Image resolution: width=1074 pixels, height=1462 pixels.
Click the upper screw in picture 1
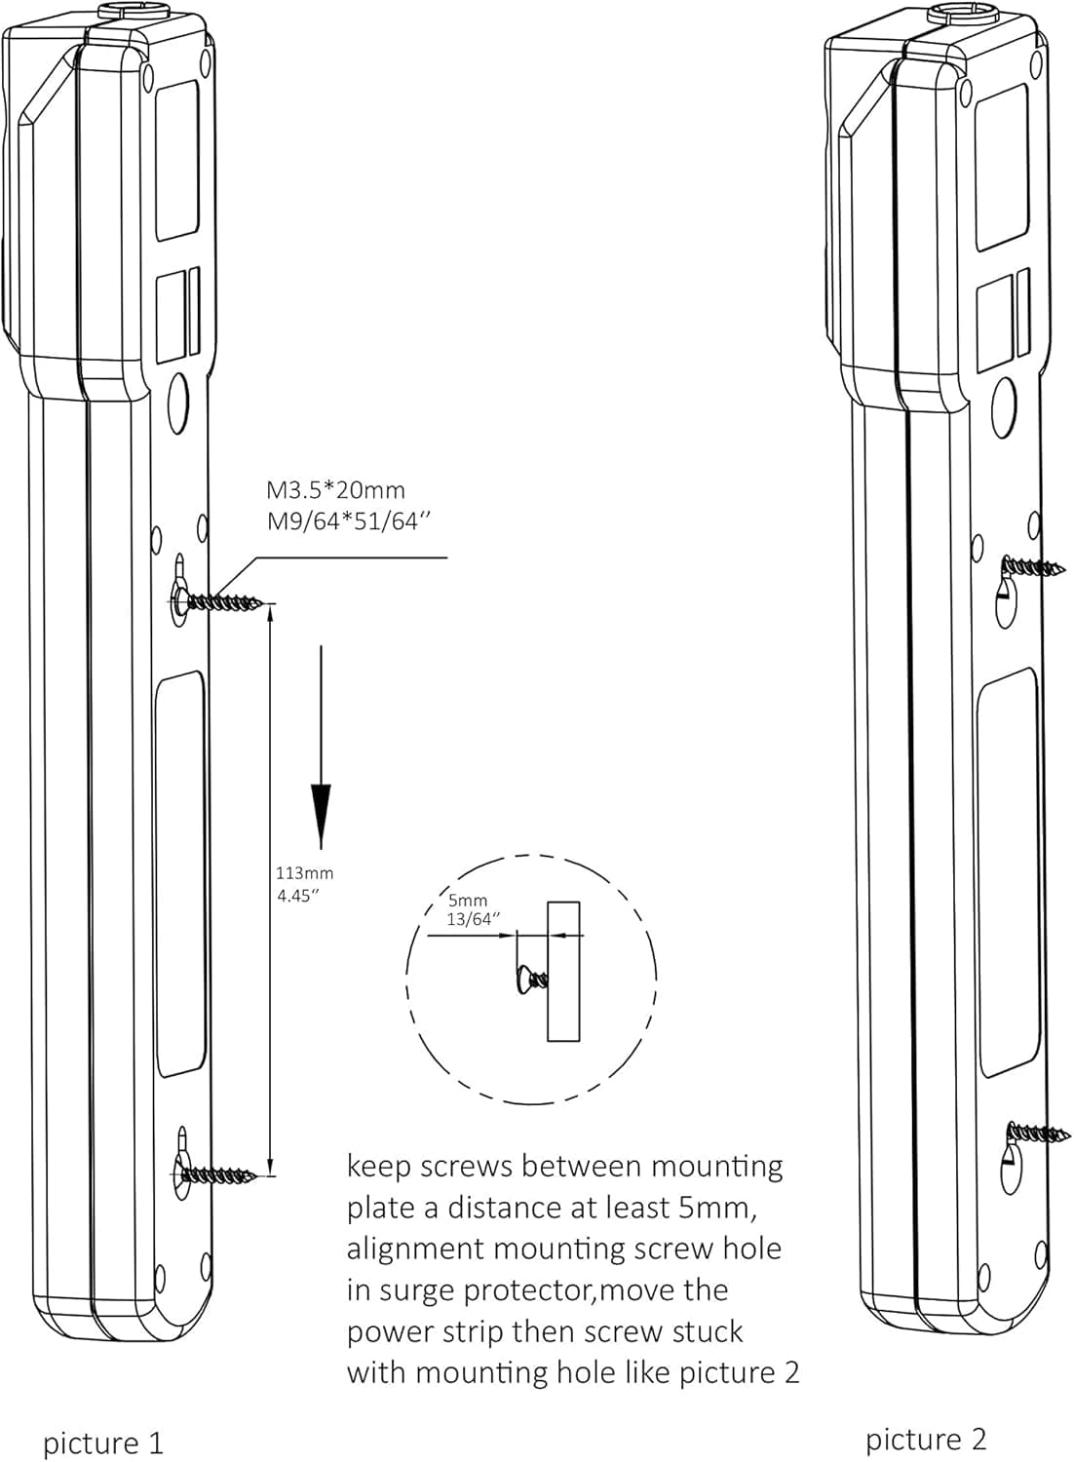coord(222,602)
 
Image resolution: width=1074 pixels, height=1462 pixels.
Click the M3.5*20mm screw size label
coord(335,490)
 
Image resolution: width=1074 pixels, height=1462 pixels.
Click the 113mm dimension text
coord(304,873)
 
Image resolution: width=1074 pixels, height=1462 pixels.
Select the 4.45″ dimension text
coord(298,896)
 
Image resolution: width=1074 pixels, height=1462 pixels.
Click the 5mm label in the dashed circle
coord(468,901)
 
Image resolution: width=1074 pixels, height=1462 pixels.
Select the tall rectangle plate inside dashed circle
coord(563,971)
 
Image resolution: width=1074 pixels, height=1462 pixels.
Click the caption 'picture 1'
coord(102,1443)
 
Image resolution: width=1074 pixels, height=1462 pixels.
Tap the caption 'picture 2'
coord(926,1439)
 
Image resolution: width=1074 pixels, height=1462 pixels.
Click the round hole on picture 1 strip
coord(178,402)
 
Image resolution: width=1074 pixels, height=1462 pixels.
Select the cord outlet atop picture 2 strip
coord(959,13)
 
